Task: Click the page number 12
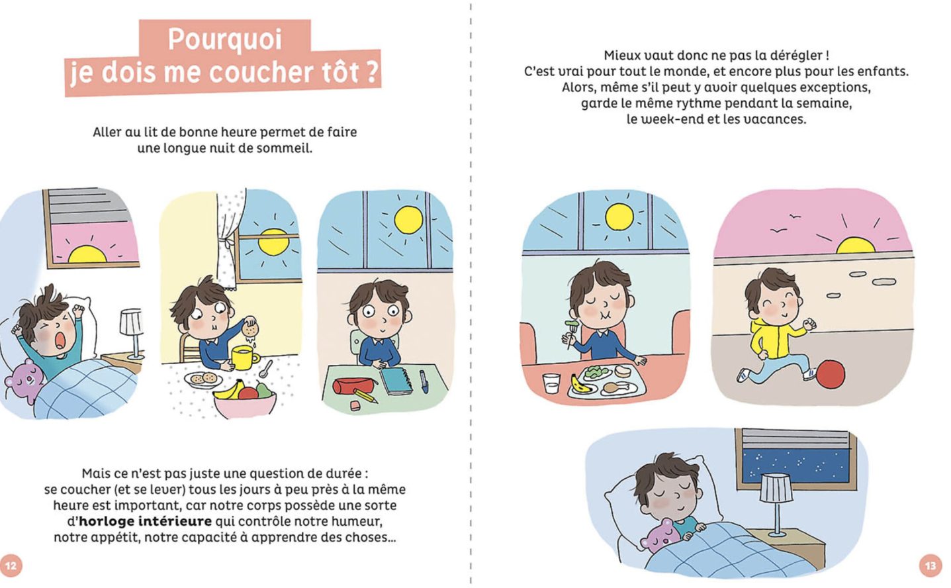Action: [11, 565]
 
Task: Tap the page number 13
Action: [930, 565]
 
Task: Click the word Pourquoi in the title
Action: [224, 39]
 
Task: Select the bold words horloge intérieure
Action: [145, 521]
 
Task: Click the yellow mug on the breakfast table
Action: [244, 358]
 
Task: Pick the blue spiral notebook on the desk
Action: [396, 382]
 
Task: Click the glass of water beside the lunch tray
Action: [551, 383]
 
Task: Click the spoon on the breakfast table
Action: [267, 369]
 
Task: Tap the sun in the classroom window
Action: [408, 220]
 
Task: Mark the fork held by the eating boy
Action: [570, 333]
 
